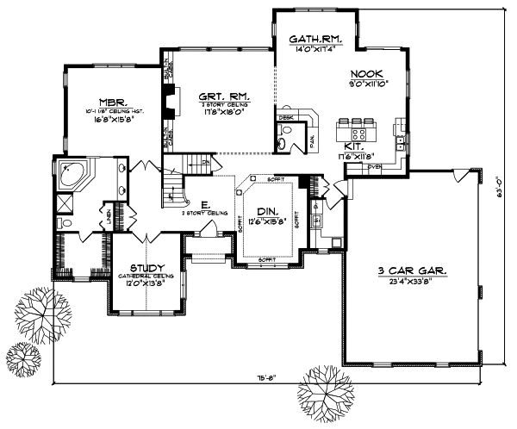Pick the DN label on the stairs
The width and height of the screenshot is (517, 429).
(x=205, y=161)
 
